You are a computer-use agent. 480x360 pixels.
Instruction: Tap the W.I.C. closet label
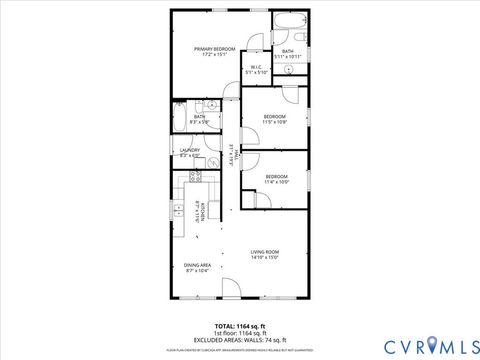[257, 68]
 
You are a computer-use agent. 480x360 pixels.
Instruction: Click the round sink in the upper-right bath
[288, 72]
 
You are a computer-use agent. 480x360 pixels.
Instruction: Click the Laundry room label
[190, 150]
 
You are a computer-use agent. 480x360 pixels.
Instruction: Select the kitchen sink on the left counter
[177, 210]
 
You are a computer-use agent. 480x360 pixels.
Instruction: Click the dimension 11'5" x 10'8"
[275, 123]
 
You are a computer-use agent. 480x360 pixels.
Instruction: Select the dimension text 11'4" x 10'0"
[277, 183]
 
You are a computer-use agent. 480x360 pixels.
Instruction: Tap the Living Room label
[264, 251]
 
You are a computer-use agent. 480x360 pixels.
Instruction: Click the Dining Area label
[196, 265]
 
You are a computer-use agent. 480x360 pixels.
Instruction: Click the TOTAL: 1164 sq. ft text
[240, 326]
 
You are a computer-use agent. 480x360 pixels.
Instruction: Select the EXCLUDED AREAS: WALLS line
[240, 340]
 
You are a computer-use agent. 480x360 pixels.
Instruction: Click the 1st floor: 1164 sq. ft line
[240, 333]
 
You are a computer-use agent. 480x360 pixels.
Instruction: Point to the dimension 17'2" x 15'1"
[215, 55]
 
